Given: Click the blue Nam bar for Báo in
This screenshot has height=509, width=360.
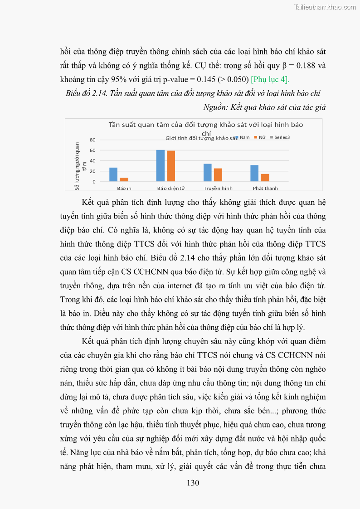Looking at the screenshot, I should click(x=113, y=175).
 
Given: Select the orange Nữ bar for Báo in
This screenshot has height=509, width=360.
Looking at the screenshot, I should click(x=124, y=179).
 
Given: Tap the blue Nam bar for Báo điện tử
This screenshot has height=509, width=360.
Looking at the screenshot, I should click(x=161, y=165).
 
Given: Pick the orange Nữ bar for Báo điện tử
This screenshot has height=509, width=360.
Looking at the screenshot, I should click(x=171, y=166).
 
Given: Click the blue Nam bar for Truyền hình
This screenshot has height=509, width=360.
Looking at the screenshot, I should click(x=208, y=173).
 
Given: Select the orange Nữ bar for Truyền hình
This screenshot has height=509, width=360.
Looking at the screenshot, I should click(x=218, y=175).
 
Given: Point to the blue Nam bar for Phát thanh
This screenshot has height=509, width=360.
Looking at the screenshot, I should click(x=255, y=173).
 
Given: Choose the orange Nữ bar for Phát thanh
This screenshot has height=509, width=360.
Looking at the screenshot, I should click(x=265, y=178).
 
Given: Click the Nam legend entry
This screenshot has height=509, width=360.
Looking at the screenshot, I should click(x=243, y=137).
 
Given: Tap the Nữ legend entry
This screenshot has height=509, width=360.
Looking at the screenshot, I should click(x=260, y=137).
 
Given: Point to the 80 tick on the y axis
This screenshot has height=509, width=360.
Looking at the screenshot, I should click(x=92, y=140).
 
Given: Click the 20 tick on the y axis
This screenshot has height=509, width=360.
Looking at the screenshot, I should click(x=92, y=171).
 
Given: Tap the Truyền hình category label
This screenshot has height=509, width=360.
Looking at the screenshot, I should click(x=218, y=188).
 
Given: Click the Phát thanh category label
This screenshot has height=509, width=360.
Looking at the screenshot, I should click(x=265, y=188).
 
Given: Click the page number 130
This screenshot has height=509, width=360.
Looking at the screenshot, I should click(x=193, y=483).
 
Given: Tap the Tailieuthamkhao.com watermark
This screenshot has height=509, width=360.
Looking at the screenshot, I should click(x=325, y=7).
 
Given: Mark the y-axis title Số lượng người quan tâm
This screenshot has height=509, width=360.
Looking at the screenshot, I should click(x=80, y=165).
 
